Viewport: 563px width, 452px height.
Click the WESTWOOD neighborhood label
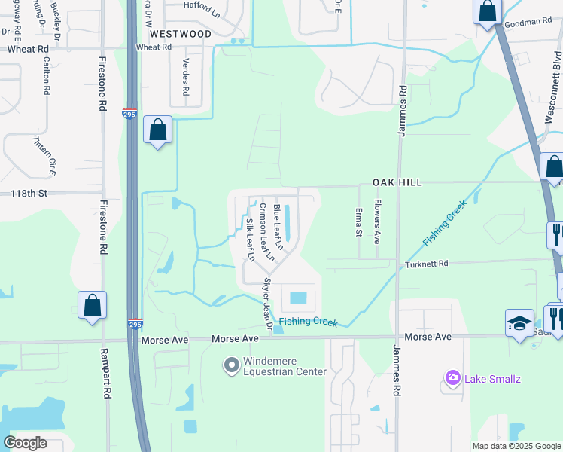[x=180, y=34]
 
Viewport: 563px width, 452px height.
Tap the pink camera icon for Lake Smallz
[x=452, y=378]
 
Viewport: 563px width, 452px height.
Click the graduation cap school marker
[x=519, y=322]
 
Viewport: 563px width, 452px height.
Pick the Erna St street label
[x=359, y=221]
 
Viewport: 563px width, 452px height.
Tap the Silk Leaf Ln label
[x=250, y=240]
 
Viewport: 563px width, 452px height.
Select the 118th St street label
[x=29, y=194]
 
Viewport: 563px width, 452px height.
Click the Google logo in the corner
[x=25, y=443]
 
